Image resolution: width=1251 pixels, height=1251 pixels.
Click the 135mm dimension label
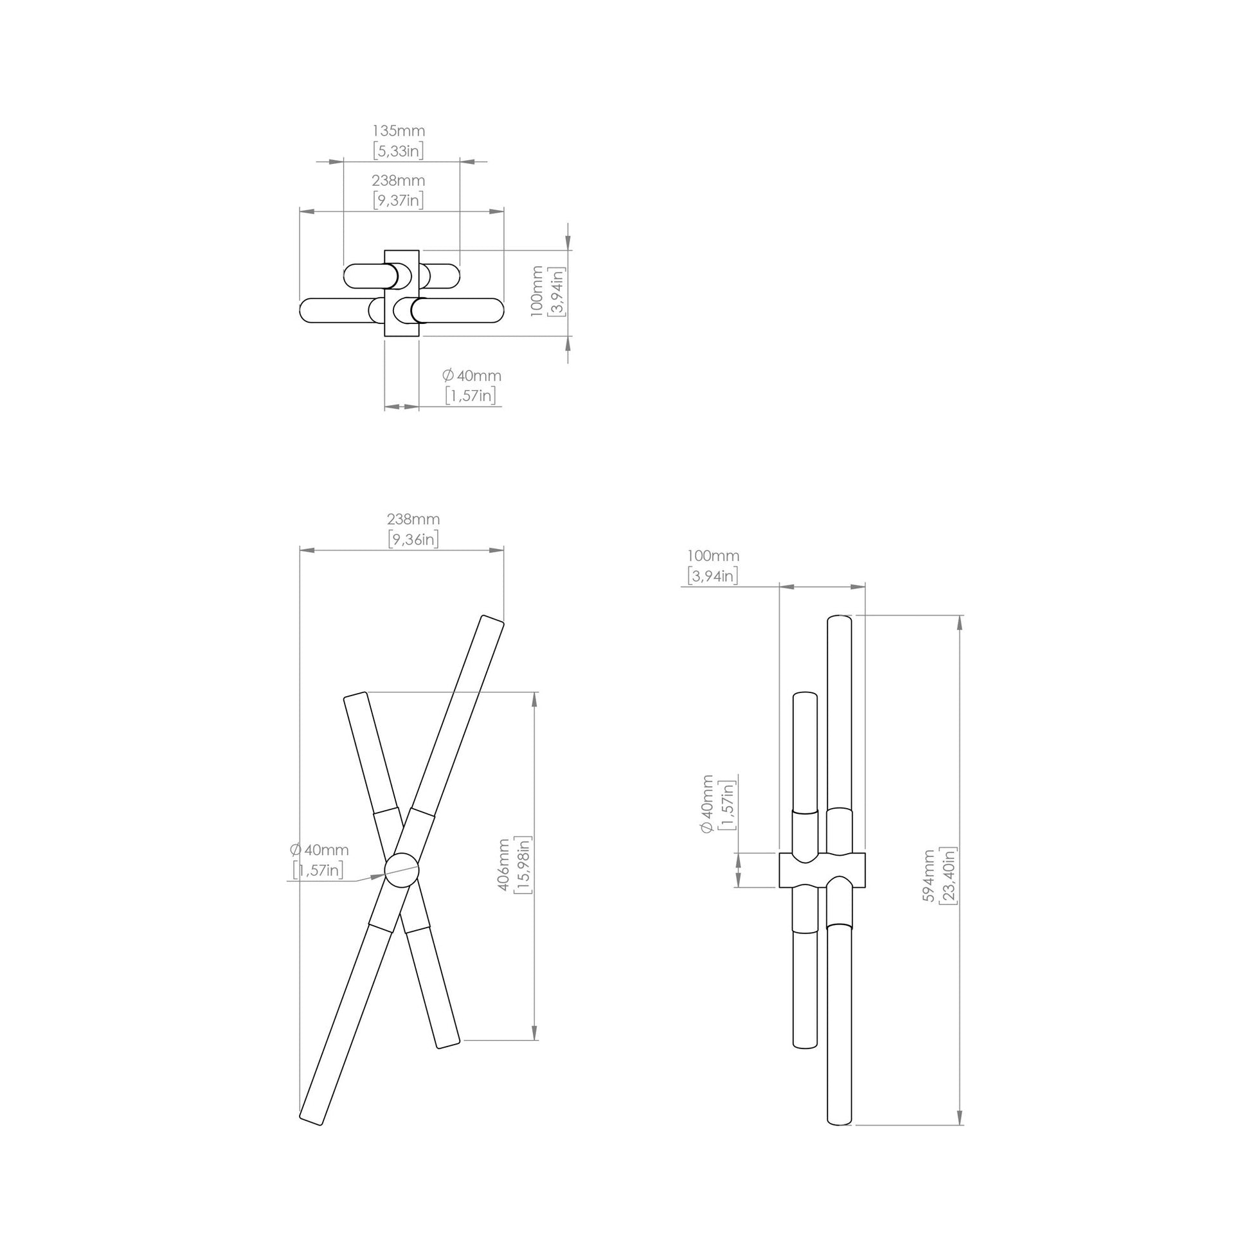[x=398, y=130]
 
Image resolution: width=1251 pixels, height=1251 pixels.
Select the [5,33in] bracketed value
[x=398, y=151]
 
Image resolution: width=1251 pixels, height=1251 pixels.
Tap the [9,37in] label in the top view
[x=398, y=200]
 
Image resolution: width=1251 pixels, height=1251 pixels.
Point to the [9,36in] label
[x=413, y=538]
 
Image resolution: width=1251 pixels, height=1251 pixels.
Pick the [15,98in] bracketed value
[x=523, y=865]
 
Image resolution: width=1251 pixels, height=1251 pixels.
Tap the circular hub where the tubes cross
[x=401, y=869]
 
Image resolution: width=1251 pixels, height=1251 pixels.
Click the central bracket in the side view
[x=822, y=870]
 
